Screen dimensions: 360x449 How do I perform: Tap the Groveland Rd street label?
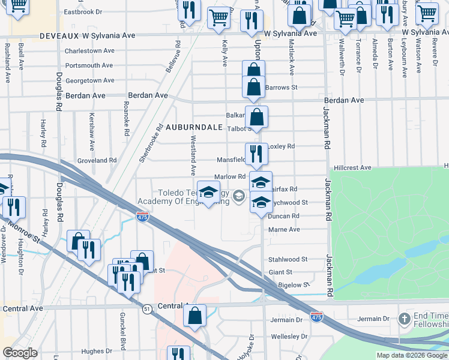pos(97,161)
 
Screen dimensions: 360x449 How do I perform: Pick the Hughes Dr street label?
pos(92,351)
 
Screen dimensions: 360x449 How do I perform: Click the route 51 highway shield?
pos(146,308)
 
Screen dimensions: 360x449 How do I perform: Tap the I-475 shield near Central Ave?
pos(316,316)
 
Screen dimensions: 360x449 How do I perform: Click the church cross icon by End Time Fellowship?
pos(405,318)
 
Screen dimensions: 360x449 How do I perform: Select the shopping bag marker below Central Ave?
pos(194,316)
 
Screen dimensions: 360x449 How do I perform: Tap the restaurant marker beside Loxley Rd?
pos(256,154)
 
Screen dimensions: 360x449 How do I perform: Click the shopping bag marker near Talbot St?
pos(256,117)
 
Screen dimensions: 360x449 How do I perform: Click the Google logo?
pos(20,353)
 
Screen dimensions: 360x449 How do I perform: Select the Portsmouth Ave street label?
pos(89,65)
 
